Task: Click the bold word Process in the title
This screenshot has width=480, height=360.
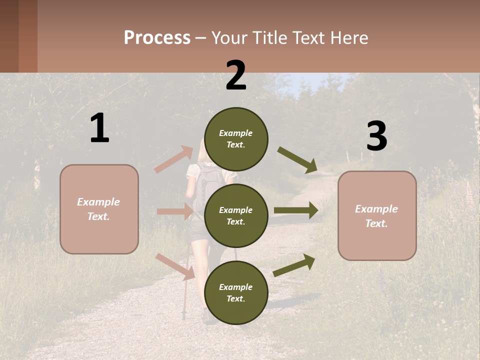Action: (157, 37)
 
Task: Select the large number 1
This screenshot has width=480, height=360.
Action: (99, 128)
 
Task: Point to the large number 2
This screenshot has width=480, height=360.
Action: (236, 75)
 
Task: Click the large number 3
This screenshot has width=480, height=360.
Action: (376, 136)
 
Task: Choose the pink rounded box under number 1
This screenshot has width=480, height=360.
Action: (99, 209)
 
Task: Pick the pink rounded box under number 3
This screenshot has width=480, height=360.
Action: (377, 216)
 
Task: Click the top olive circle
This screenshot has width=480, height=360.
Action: (236, 139)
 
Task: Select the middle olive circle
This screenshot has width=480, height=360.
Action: (236, 215)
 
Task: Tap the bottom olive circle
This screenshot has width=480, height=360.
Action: (236, 292)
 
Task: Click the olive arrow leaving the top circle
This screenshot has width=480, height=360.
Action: (297, 160)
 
